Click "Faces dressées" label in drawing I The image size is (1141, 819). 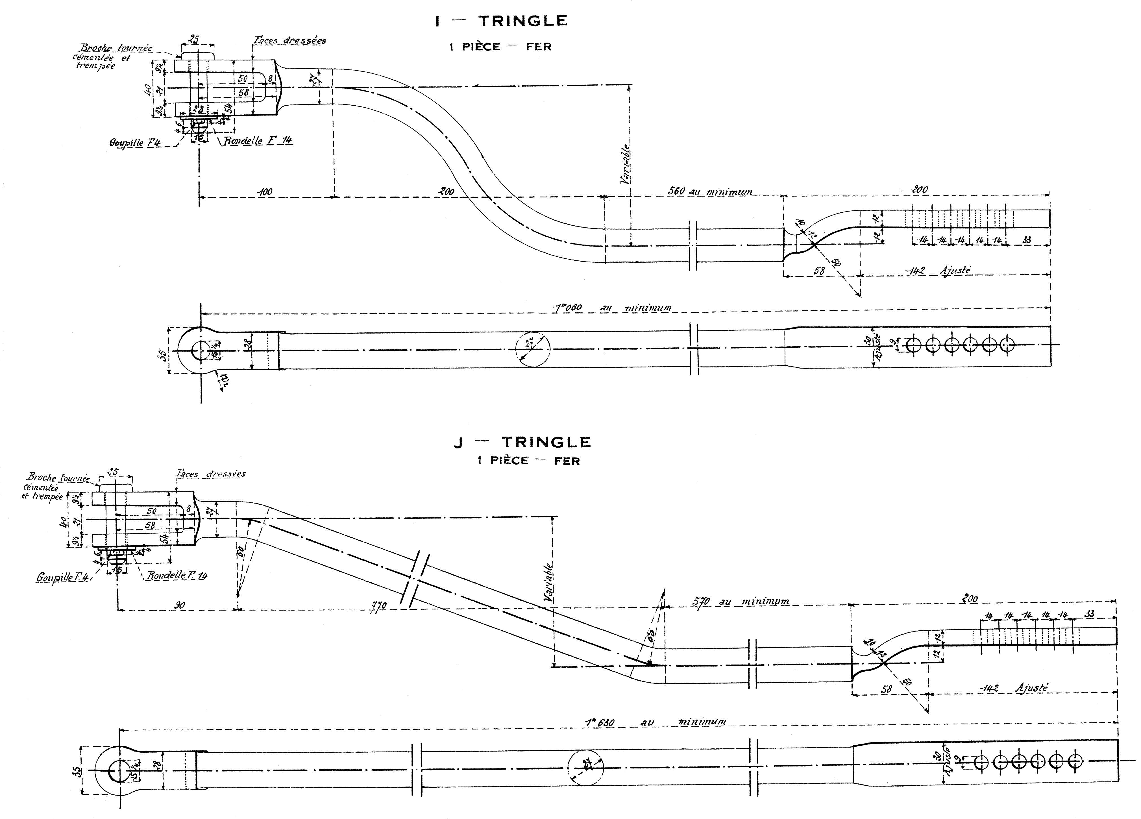point(289,41)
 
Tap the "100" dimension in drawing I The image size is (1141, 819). point(265,192)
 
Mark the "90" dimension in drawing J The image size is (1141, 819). point(180,605)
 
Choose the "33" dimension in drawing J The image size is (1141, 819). point(1089,614)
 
